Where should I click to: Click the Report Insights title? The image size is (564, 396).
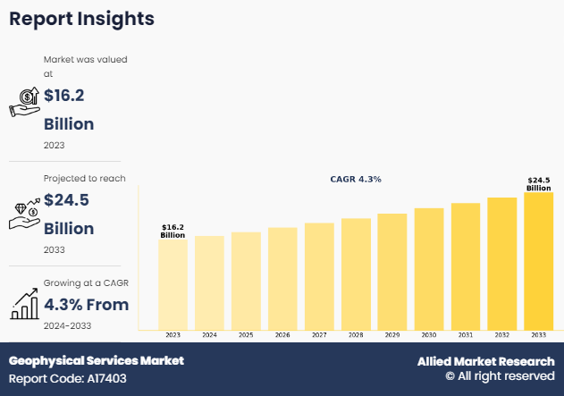tap(81, 19)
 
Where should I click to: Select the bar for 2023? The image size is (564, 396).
tap(173, 284)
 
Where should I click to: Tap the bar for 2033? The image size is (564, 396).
tap(538, 261)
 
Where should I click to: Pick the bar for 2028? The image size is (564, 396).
tap(356, 274)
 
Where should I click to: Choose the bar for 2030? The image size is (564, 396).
tap(429, 269)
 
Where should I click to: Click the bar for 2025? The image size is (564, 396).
tap(246, 281)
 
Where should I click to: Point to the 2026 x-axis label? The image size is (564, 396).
tap(282, 335)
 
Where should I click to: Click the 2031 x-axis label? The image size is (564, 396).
tap(466, 335)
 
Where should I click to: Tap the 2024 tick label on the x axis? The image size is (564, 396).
tap(209, 335)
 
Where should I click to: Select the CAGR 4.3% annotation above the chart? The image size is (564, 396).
tap(356, 180)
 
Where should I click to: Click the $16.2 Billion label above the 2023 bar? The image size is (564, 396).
tap(173, 232)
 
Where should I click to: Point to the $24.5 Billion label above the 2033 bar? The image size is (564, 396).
tap(538, 184)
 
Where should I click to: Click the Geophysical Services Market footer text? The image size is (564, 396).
tap(97, 361)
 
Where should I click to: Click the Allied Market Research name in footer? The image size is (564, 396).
tap(485, 361)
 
